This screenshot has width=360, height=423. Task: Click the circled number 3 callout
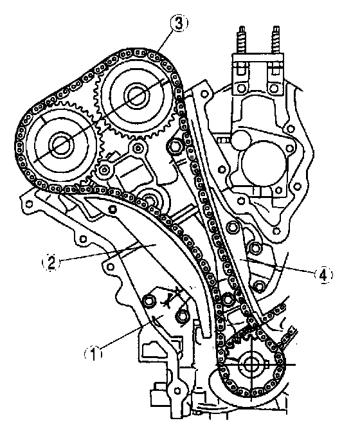(x=179, y=23)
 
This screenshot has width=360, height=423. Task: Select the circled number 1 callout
(x=93, y=354)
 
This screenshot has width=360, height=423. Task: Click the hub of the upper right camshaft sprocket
(x=136, y=95)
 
